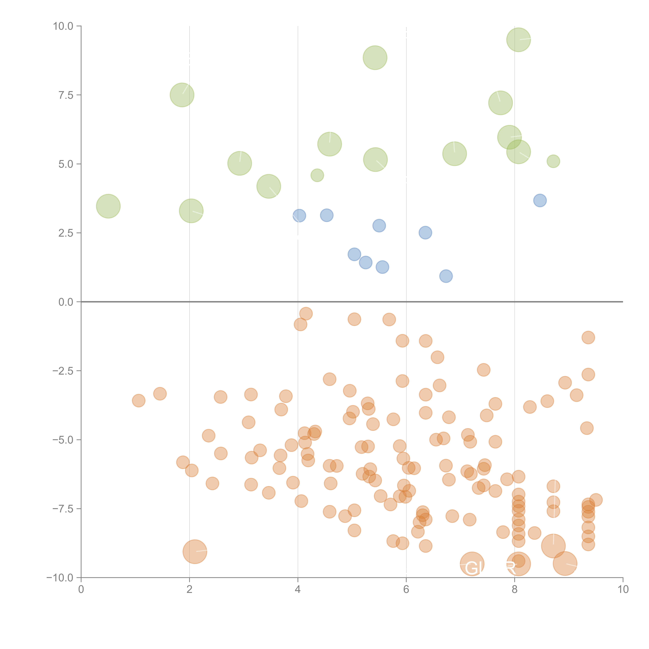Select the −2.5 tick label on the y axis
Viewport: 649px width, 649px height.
63,371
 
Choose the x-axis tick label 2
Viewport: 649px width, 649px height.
190,590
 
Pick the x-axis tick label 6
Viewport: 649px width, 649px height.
406,590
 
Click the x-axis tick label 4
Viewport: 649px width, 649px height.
298,590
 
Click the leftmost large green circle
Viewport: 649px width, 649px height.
108,206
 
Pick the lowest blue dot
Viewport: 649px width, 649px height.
446,276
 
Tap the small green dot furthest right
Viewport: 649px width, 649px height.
553,161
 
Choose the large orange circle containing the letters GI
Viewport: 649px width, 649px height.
472,564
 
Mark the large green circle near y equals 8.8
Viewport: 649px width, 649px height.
375,58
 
